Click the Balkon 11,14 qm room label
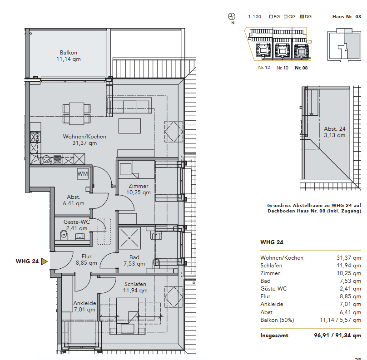click(x=68, y=56)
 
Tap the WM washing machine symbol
click(x=83, y=173)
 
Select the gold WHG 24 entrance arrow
click(x=44, y=261)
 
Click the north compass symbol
click(x=232, y=16)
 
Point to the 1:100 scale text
click(x=254, y=17)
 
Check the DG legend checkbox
click(x=302, y=17)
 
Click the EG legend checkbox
click(x=271, y=17)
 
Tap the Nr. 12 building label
click(x=264, y=68)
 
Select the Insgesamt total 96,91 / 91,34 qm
click(x=337, y=335)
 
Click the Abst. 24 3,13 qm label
click(x=334, y=132)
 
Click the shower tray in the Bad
click(x=129, y=238)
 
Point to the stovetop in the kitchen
click(x=35, y=137)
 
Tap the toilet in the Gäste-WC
click(x=64, y=235)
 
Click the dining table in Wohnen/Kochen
click(x=77, y=113)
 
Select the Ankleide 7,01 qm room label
click(x=84, y=306)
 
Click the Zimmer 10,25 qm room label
click(x=139, y=189)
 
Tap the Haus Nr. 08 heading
click(x=347, y=17)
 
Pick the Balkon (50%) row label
click(x=277, y=320)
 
